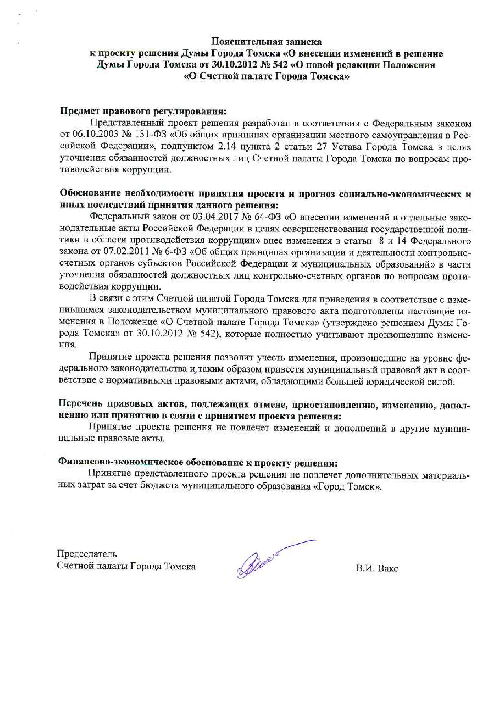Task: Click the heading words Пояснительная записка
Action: coord(266,41)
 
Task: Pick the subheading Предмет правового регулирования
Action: coord(143,111)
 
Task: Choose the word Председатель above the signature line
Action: coord(87,554)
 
